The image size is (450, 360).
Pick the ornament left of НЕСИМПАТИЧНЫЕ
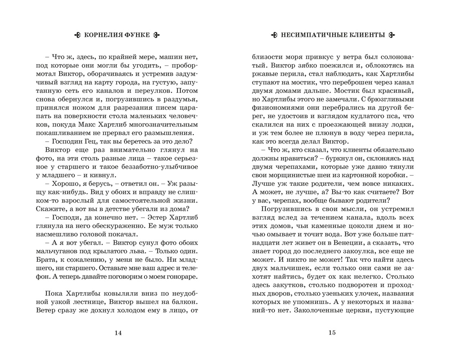[274, 35]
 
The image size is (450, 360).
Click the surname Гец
[91, 140]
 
